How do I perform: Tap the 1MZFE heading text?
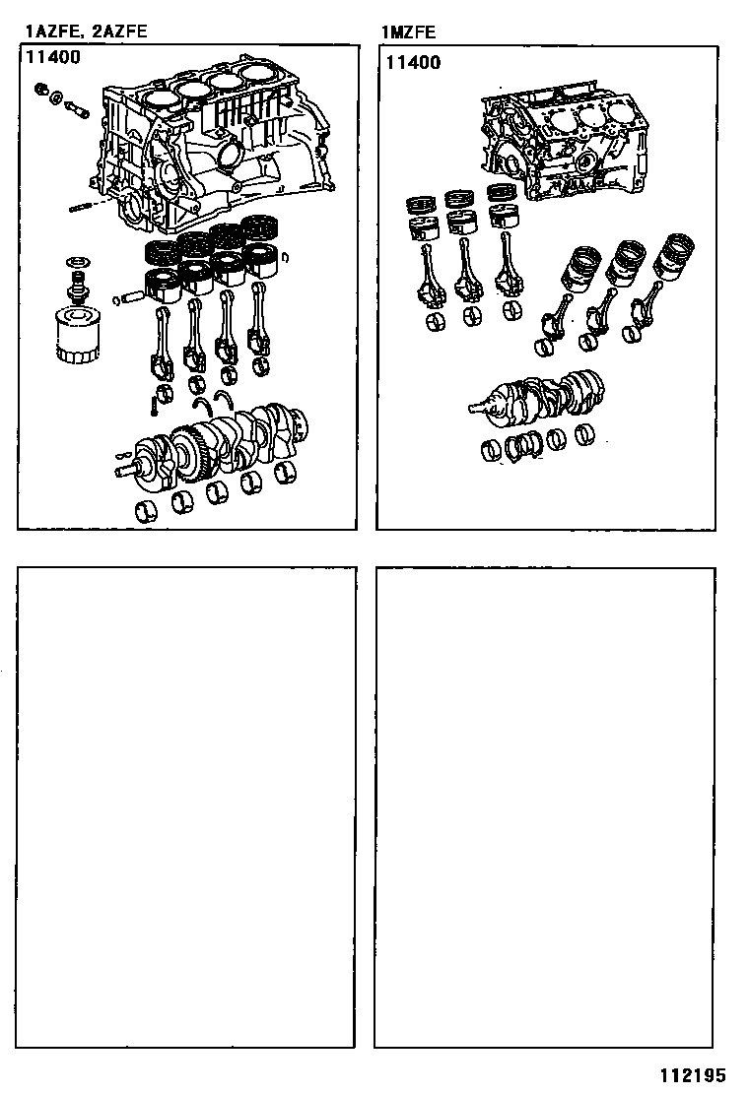408,32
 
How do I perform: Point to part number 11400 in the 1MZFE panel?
413,62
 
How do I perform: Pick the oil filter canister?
71,335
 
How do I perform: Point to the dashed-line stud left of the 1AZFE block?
84,207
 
